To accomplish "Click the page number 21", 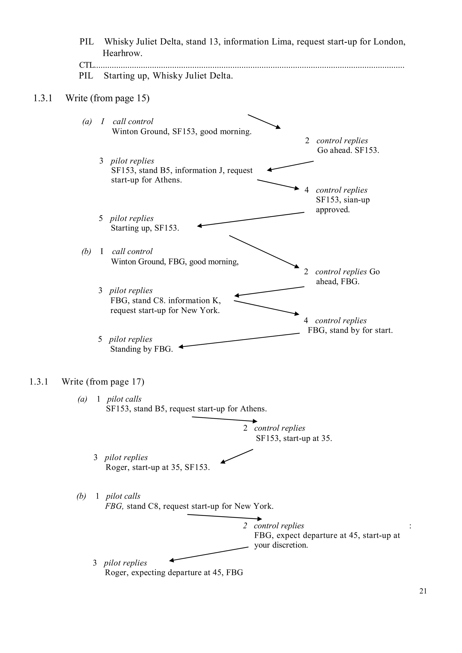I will (423, 591).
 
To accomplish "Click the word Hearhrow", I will (122, 53).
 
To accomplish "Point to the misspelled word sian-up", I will (357, 200).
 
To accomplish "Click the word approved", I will (333, 210).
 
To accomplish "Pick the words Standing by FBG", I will (141, 349).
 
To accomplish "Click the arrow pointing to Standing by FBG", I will (239, 340).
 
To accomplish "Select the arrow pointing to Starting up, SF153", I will (250, 219).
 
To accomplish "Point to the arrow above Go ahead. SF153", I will (264, 122).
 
